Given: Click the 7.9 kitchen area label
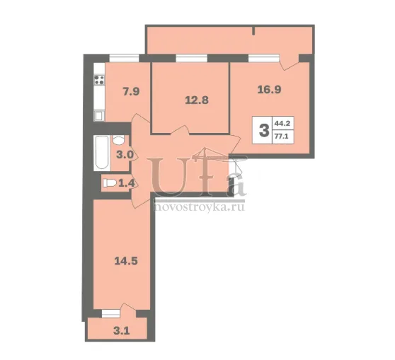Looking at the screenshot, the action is coord(131,91).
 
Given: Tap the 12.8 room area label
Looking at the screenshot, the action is coord(197,100).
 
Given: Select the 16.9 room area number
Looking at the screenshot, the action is coord(269,89).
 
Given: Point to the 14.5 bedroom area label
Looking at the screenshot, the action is coord(126,261).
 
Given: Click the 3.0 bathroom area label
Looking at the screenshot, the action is coord(125,154).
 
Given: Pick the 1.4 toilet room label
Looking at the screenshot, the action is coord(127,183).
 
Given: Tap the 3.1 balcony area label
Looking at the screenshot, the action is coord(122,330).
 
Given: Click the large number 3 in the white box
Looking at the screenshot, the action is coord(264,131).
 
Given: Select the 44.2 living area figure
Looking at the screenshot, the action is coord(282,124).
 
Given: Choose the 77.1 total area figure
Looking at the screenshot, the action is coord(282,137).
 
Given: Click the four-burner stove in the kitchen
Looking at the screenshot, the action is coord(99,79).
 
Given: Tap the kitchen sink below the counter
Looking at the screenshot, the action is coord(99,116).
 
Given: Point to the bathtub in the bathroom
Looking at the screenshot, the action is coord(102,153).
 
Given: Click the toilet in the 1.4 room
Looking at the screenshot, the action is coord(110,183).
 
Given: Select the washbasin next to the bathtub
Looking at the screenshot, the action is coord(118,140).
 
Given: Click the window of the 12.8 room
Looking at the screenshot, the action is coord(191,58).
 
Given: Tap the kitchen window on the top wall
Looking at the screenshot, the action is coord(124,58).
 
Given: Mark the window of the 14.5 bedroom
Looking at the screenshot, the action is coord(111,313).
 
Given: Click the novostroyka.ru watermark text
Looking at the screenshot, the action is coord(199,207).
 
